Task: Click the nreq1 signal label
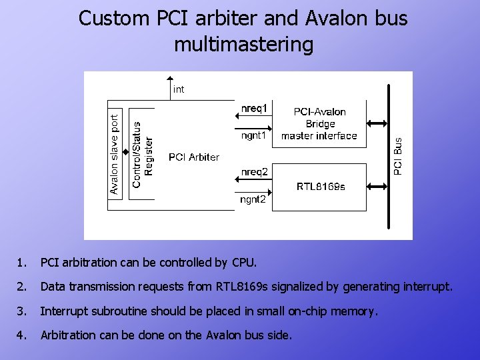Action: point(254,107)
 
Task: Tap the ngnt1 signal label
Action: point(254,135)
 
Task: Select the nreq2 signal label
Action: point(254,172)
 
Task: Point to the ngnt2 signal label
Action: point(254,199)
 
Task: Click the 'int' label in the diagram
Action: point(179,89)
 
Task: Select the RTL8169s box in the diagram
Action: point(321,187)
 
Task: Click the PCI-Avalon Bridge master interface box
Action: point(319,124)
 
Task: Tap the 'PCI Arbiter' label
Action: point(194,157)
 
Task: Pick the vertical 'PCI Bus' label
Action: point(398,156)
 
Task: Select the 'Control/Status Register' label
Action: point(143,154)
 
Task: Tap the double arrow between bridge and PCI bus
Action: point(377,123)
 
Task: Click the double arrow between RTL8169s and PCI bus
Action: point(377,186)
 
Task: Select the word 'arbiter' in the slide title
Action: point(219,19)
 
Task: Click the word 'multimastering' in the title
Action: point(243,44)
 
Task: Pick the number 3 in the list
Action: point(22,311)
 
